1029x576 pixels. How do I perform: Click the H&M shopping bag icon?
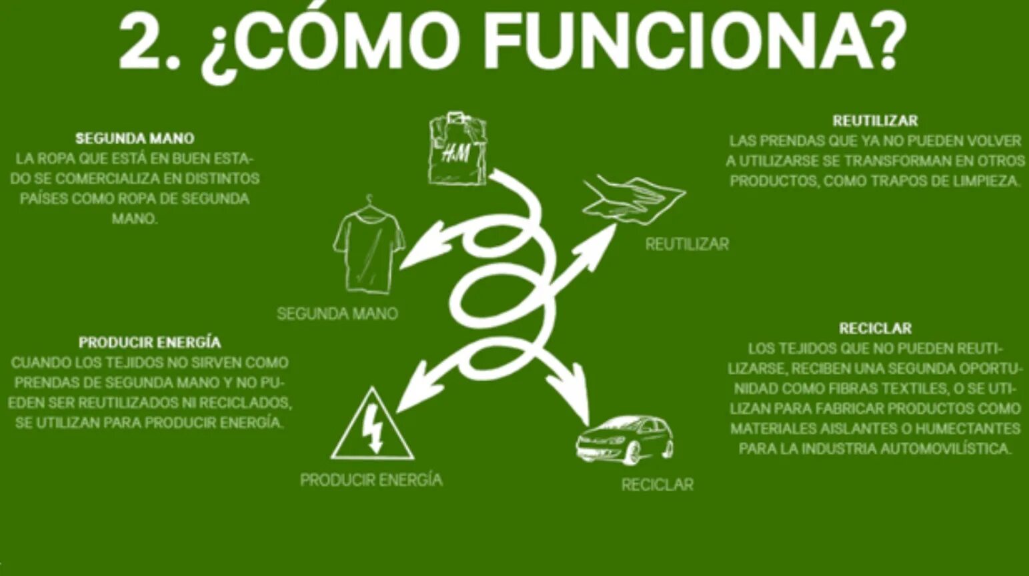(457, 149)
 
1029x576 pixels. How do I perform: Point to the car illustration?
(625, 439)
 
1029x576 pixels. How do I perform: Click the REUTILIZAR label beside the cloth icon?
(686, 244)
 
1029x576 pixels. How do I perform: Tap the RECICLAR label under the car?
(657, 485)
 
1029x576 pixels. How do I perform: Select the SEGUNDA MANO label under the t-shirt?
(337, 314)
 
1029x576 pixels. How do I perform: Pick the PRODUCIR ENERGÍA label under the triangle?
(371, 480)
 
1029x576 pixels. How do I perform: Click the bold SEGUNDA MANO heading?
(135, 139)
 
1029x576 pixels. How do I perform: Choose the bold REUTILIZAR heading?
(875, 121)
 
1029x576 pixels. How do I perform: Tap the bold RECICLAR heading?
(875, 328)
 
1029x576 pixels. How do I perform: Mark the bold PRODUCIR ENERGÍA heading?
(149, 342)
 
